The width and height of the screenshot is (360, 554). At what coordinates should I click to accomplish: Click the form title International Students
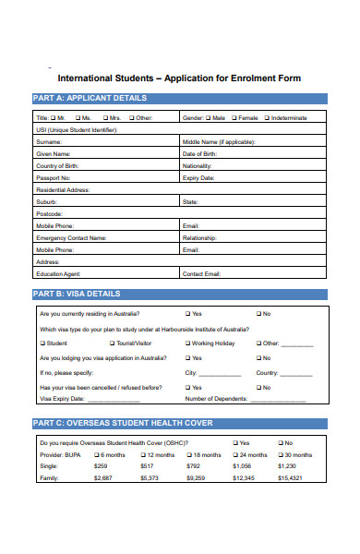(x=179, y=78)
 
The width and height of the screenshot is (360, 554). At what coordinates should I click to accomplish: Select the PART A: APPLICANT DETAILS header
(x=90, y=98)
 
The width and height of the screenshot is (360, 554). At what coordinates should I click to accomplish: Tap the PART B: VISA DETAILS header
(x=77, y=294)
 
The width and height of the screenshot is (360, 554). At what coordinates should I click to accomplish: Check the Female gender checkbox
(x=235, y=118)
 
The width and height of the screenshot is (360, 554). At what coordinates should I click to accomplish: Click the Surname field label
(x=49, y=141)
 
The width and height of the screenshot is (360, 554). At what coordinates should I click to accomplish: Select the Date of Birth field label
(x=200, y=153)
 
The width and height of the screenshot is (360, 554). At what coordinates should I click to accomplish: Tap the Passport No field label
(x=53, y=177)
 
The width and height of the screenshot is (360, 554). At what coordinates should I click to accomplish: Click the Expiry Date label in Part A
(x=198, y=177)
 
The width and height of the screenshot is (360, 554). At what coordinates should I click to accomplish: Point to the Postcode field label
(x=51, y=213)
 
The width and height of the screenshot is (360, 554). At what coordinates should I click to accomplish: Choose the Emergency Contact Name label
(x=71, y=237)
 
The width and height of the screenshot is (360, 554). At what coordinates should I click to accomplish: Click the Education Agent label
(x=57, y=273)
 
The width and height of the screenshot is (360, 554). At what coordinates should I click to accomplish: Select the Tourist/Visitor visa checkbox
(x=113, y=343)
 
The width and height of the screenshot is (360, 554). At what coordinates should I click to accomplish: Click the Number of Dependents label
(x=216, y=399)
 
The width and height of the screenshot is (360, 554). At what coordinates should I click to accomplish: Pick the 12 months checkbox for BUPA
(x=143, y=455)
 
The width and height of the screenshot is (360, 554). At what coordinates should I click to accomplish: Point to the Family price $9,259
(x=195, y=478)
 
